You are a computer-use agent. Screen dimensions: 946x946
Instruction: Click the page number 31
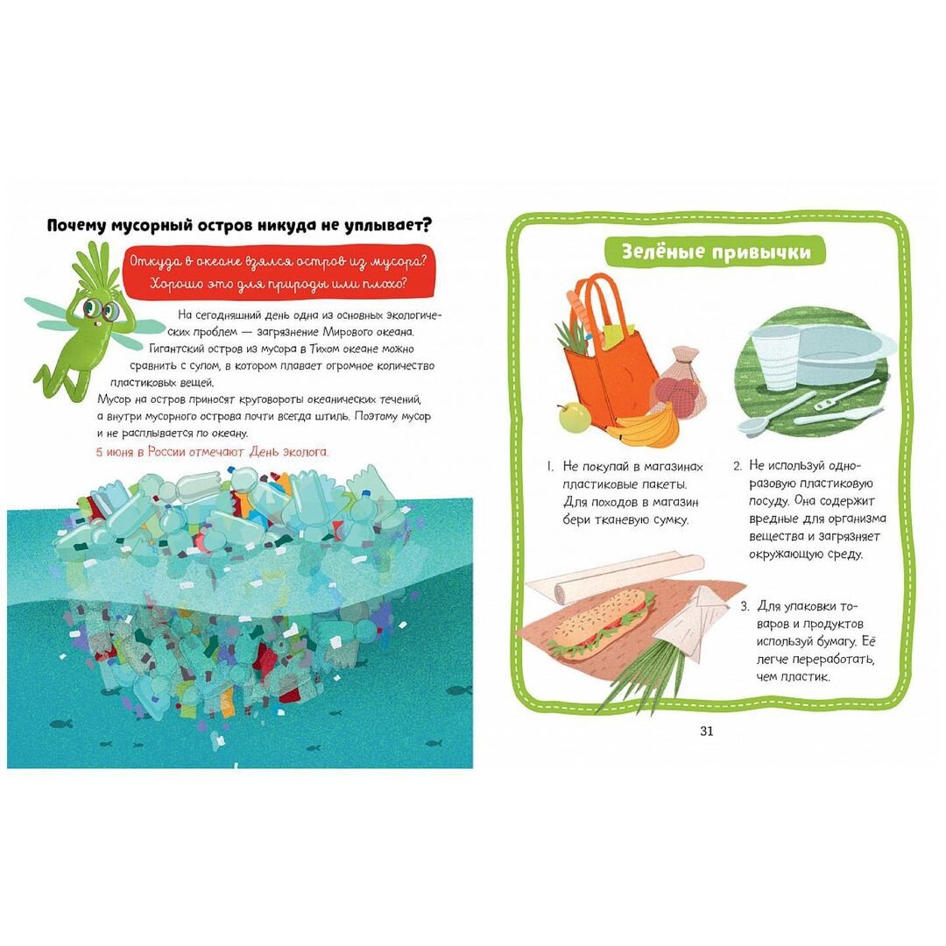coord(707,731)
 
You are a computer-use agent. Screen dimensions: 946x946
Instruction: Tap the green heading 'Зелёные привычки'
coord(716,251)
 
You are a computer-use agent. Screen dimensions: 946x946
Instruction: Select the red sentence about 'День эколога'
coord(212,452)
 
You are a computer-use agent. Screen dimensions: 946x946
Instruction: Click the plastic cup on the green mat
coord(776,356)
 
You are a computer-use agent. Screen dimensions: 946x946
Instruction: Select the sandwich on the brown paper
coord(600,624)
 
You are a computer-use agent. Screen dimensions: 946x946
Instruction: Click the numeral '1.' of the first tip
coord(550,466)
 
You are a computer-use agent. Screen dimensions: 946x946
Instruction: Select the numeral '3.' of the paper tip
coord(745,606)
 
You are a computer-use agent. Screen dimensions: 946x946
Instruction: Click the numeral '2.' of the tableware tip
coord(738,466)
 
